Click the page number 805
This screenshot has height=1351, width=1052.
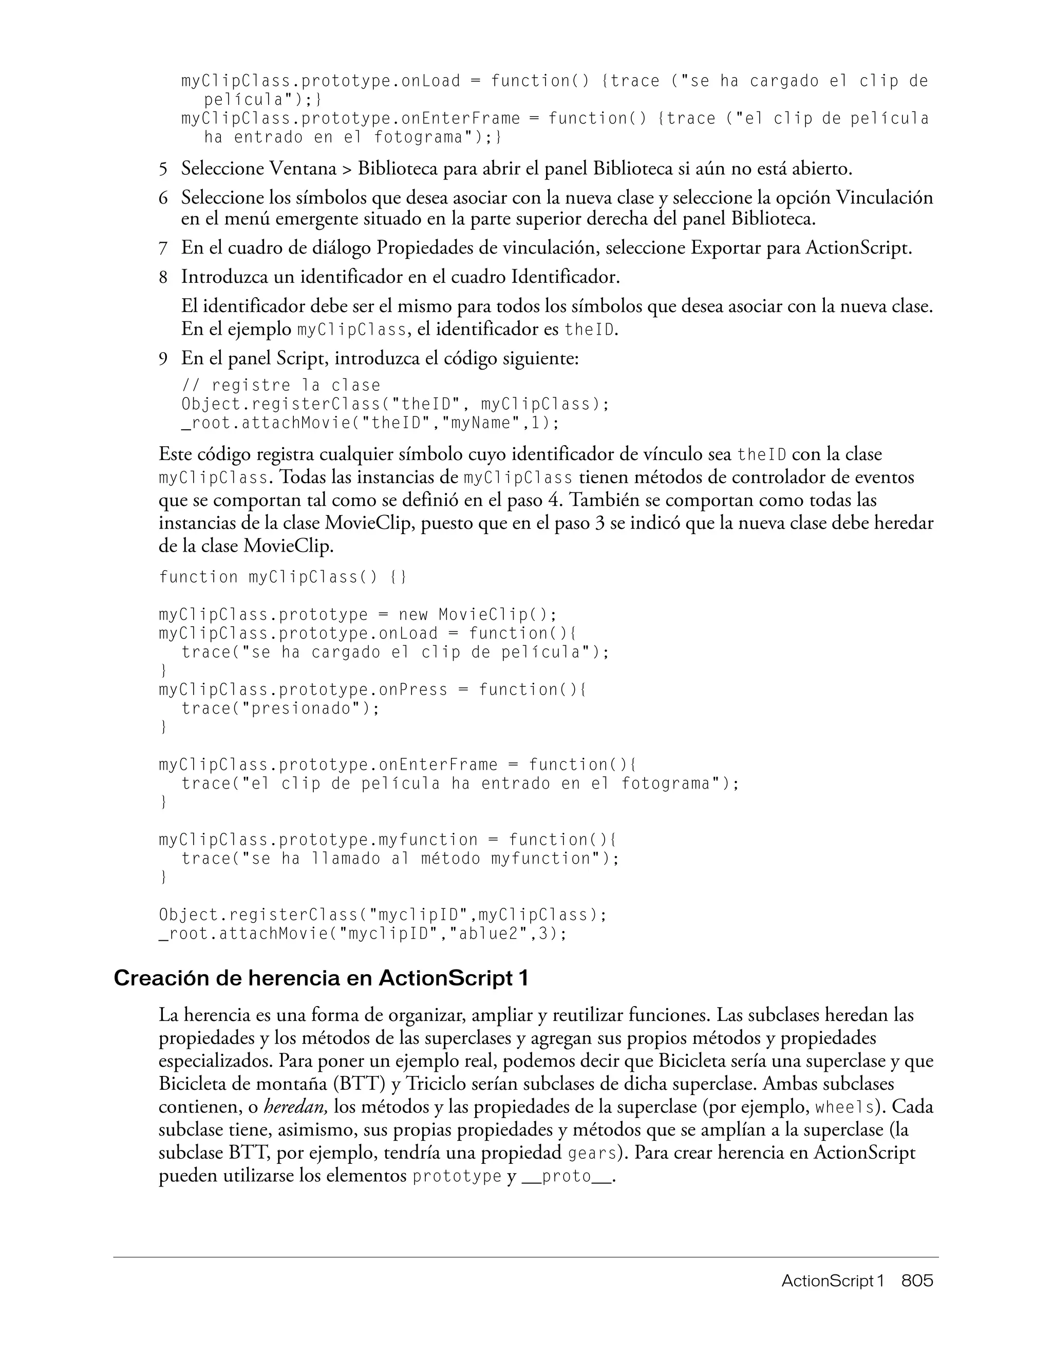(x=916, y=1281)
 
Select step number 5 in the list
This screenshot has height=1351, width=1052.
(x=163, y=169)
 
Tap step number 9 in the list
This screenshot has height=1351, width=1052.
(x=163, y=359)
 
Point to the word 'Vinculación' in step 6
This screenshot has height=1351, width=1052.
(x=884, y=198)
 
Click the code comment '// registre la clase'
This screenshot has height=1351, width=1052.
(x=281, y=386)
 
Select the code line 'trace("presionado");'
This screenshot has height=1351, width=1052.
(x=280, y=708)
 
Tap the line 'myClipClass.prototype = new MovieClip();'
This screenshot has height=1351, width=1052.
(x=358, y=615)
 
